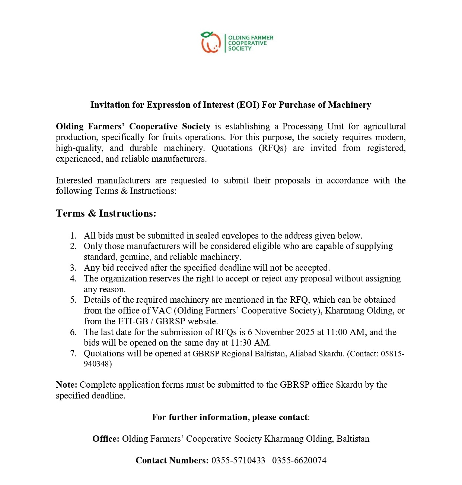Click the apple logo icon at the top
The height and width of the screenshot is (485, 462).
pos(210,42)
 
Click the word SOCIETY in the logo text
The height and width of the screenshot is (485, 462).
pos(240,48)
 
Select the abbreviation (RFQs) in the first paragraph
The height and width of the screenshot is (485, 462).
pos(273,148)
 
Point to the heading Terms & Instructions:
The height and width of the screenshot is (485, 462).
pos(106,213)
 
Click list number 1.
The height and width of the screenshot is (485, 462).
pos(73,236)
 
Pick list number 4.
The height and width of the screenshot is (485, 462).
pos(73,278)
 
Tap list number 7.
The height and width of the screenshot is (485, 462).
pos(73,353)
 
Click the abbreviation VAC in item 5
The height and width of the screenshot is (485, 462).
pos(162,311)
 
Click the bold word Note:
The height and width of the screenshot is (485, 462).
pos(67,385)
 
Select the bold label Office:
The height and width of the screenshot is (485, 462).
pos(106,439)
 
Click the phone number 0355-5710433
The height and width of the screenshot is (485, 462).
pos(238,460)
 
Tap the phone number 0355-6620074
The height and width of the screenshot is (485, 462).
pos(299,460)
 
